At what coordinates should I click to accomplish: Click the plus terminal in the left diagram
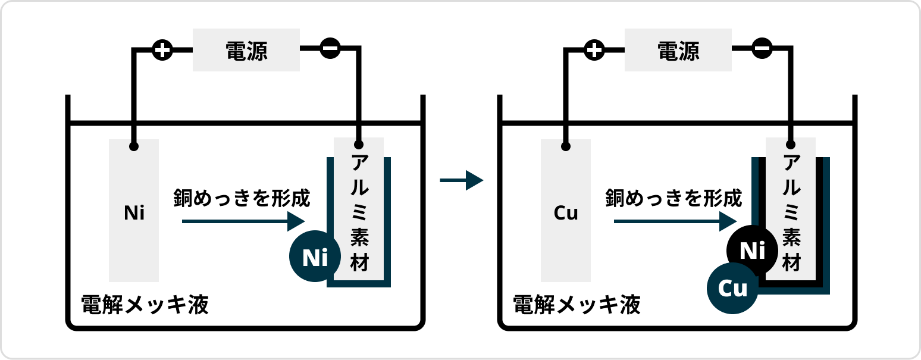(x=162, y=50)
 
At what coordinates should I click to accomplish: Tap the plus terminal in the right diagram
(x=594, y=50)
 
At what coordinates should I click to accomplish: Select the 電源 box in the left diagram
(x=246, y=51)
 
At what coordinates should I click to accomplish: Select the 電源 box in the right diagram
(x=678, y=51)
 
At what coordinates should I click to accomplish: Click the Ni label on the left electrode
(x=134, y=213)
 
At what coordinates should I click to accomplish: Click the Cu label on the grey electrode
(x=566, y=213)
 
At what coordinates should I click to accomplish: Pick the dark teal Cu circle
(x=732, y=289)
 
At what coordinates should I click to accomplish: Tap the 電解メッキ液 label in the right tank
(x=577, y=305)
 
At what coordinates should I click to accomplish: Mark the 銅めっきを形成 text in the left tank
(x=242, y=198)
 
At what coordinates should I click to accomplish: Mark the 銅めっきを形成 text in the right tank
(x=673, y=198)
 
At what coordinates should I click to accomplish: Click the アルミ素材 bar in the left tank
(x=359, y=208)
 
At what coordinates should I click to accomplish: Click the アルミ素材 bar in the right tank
(x=791, y=208)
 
